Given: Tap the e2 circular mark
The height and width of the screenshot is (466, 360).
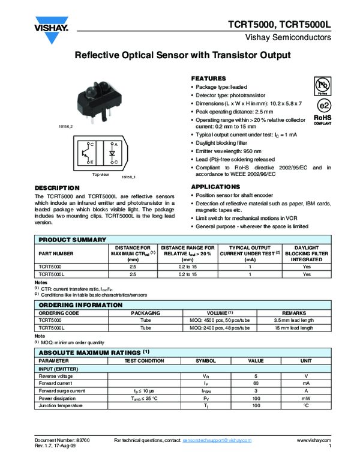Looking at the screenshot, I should coord(323,105).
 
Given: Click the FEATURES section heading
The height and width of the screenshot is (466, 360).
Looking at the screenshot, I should coord(208,79).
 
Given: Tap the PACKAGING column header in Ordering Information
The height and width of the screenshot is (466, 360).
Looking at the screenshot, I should coord(146,313).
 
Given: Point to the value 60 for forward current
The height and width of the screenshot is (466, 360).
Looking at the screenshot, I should coord(256,383).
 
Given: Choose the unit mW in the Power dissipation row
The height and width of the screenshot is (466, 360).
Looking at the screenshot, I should coord(306,398).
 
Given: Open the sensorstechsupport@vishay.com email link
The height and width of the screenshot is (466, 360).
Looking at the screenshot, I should coord(217,441).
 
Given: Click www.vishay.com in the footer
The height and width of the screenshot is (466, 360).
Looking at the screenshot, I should coord(314,441).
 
